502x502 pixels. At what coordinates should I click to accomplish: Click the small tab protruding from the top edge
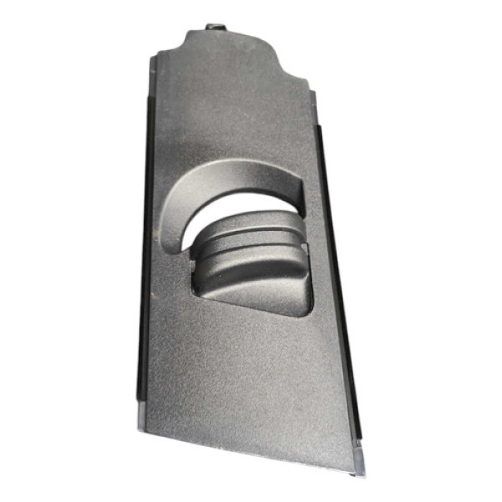(x=215, y=28)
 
